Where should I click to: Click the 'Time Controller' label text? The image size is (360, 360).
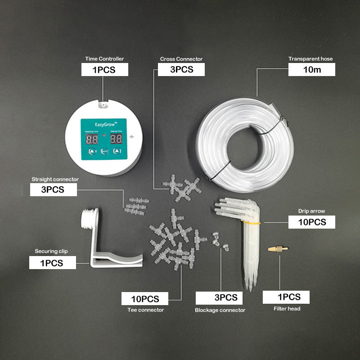point(104,59)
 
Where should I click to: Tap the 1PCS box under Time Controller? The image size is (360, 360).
point(104,70)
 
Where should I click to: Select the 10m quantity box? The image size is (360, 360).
point(311,70)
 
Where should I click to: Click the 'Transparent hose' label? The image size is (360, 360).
point(311,59)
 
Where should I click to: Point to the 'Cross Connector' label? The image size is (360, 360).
point(181,59)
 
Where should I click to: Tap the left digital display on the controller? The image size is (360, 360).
point(92,139)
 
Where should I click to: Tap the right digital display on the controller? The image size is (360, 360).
point(117,139)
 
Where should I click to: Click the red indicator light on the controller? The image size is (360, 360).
point(104,135)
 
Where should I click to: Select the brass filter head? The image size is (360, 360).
point(278,248)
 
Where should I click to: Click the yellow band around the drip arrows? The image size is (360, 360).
point(253,222)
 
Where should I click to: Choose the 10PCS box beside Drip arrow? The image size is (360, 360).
point(312,222)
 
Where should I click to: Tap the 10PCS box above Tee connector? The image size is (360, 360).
point(145,299)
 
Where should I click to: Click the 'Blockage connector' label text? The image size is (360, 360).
point(220,310)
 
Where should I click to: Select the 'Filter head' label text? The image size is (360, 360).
point(287,309)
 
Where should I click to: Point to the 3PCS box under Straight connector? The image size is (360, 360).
point(53,190)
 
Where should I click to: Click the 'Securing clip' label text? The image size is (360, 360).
point(51,251)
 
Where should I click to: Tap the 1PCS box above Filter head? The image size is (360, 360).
point(287,297)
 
